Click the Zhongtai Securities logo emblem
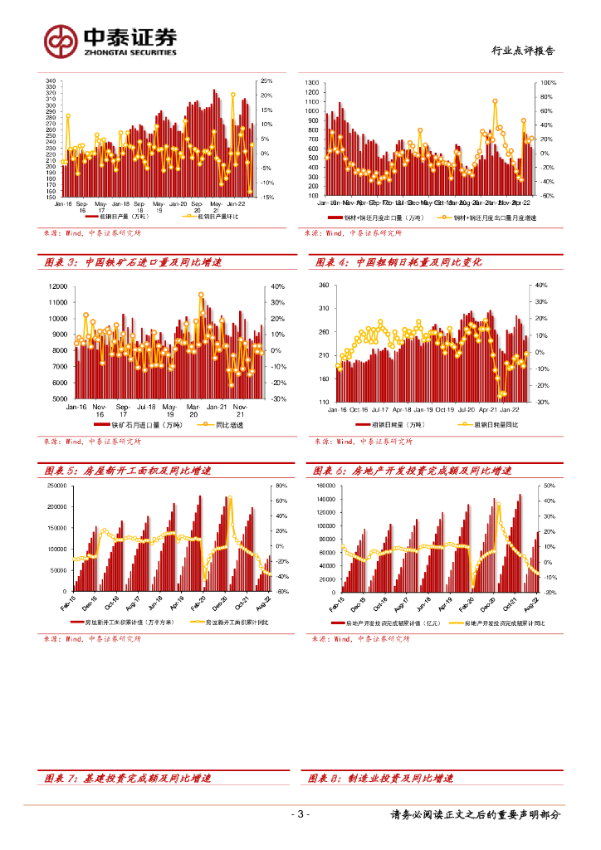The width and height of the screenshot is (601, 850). click(x=61, y=40)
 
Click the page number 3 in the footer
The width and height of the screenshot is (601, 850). click(x=301, y=814)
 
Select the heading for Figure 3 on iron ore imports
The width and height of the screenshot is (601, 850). click(x=133, y=262)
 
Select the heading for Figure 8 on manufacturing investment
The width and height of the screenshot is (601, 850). click(x=381, y=779)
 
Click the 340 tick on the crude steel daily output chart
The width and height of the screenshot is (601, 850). click(x=50, y=81)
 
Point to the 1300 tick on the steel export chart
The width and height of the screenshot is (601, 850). click(x=312, y=83)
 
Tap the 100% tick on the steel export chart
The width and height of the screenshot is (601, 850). click(x=549, y=83)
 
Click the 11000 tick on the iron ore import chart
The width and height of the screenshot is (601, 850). click(x=57, y=286)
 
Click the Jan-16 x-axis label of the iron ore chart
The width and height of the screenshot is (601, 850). click(x=76, y=407)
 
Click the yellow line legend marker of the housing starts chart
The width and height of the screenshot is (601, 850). click(x=198, y=621)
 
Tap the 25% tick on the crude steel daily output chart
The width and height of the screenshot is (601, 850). click(x=266, y=81)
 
